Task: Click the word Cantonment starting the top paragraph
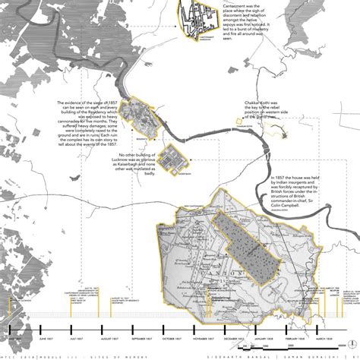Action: [x=235, y=5]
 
